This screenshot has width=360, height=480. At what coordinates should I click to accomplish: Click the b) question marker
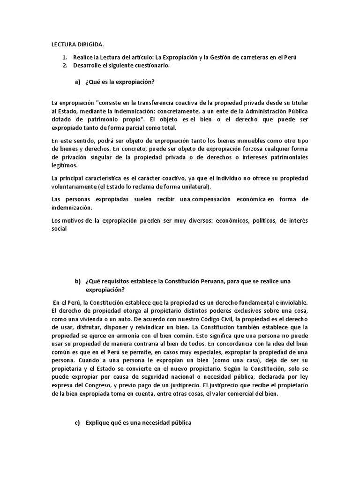coord(78,281)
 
